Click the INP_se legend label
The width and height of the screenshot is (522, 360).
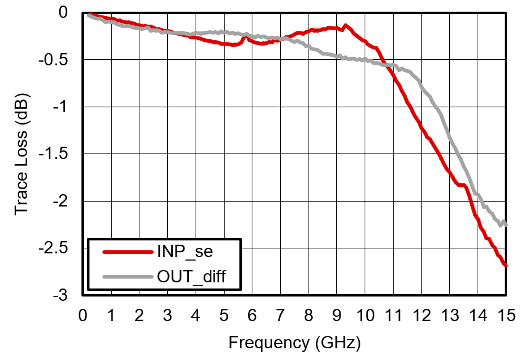[188, 252]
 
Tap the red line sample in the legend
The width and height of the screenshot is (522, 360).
[126, 252]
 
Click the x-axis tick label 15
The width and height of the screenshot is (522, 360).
[506, 316]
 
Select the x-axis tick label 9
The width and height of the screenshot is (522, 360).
[337, 316]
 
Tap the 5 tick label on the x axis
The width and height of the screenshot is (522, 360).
[224, 316]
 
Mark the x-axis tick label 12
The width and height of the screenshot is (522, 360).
[421, 316]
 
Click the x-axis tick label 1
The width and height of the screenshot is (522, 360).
[111, 316]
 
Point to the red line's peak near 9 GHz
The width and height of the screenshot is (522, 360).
[346, 25]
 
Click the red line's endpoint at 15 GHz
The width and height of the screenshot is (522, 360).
[506, 266]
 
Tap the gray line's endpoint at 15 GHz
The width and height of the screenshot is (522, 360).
[506, 224]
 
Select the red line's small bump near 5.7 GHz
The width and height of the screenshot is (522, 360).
[244, 37]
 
